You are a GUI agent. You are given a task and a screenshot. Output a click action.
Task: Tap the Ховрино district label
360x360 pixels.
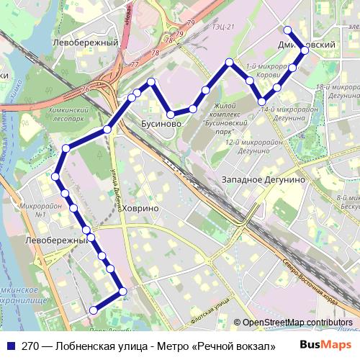(140, 208)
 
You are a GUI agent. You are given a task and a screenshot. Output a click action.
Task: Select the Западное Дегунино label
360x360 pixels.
(264, 179)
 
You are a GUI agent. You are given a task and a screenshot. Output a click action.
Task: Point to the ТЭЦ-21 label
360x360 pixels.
(223, 27)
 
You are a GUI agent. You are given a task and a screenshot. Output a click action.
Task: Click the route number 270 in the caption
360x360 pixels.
(30, 345)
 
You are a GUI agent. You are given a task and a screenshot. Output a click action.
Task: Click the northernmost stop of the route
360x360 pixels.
(287, 30)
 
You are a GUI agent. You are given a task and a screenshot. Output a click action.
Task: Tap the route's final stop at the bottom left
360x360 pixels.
(92, 310)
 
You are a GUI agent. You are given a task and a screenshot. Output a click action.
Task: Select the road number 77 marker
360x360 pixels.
(135, 64)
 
